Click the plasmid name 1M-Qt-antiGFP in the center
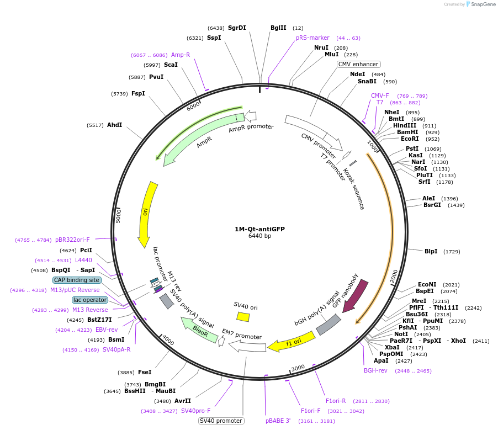tap(259, 229)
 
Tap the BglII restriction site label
tap(278, 28)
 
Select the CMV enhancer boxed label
tap(358, 64)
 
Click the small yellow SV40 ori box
tap(243, 316)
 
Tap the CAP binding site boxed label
tap(77, 280)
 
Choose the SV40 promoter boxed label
tap(221, 421)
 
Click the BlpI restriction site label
tap(431, 251)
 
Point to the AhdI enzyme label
tap(114, 125)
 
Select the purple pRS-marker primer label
tap(312, 38)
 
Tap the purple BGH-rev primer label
tap(375, 370)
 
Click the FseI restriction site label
tap(145, 372)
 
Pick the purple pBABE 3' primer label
tap(278, 421)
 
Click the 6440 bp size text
tap(259, 236)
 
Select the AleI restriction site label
tap(428, 198)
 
